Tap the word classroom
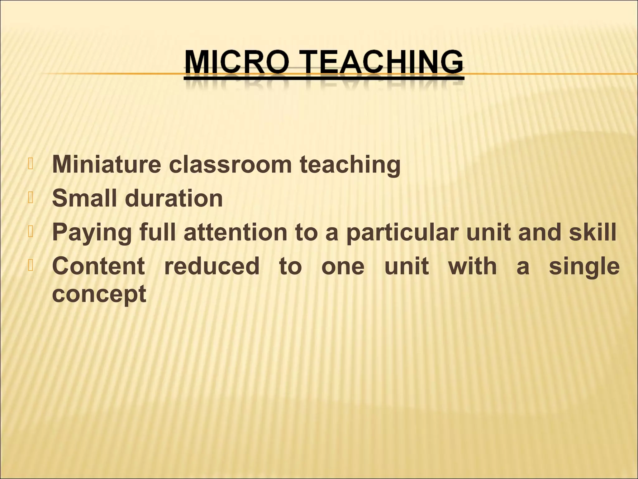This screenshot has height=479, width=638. click(230, 164)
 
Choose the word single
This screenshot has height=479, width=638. click(584, 267)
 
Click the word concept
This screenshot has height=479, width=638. click(99, 294)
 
